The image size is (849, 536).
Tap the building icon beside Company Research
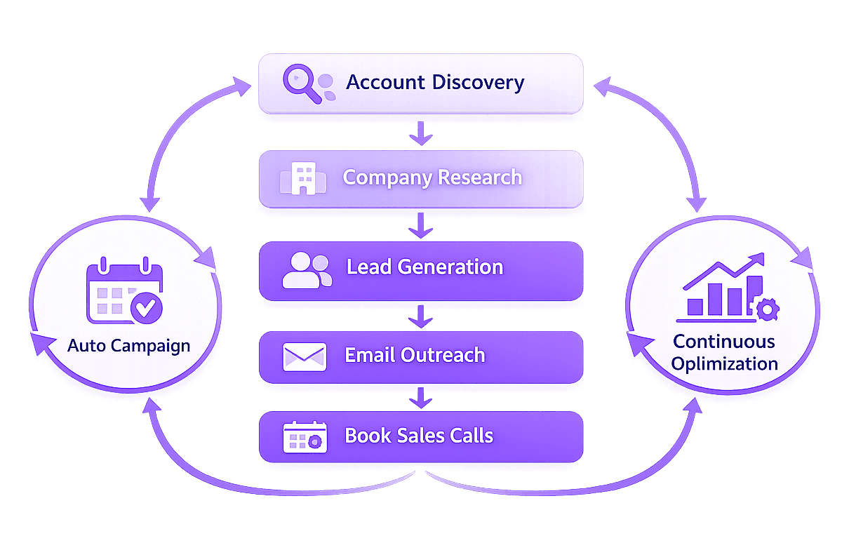pos(302,177)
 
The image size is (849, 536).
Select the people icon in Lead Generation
pos(306,269)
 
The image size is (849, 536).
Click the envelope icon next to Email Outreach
pos(304,356)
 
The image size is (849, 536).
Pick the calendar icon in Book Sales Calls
pos(305,436)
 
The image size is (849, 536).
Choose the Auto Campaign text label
pos(128,346)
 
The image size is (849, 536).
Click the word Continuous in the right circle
pos(724,342)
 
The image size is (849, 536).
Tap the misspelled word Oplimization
pos(724,364)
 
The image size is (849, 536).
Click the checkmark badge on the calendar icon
pos(147,307)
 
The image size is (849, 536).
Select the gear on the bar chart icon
pos(767,309)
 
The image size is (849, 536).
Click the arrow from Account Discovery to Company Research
pos(420,133)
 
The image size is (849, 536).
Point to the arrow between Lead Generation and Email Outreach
pos(420,316)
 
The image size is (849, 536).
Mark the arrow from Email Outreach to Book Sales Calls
pos(420,397)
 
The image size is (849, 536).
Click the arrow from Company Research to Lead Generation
pos(420,226)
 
